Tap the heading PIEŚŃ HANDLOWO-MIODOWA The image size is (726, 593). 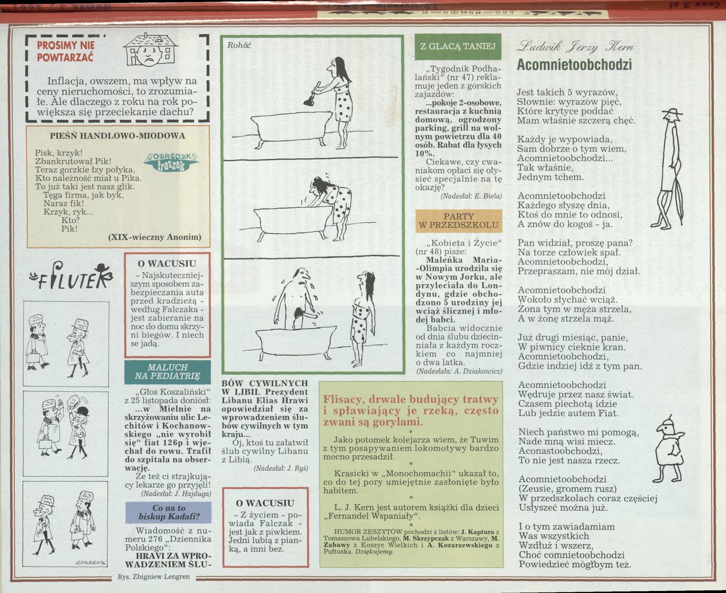[x=118, y=136]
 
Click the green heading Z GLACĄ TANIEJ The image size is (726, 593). [x=457, y=47]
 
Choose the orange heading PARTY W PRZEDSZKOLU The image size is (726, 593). [x=458, y=220]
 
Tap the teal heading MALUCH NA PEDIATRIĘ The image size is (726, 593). [x=167, y=372]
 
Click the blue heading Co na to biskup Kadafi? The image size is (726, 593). [x=169, y=512]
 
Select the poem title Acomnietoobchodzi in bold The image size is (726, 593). [x=574, y=65]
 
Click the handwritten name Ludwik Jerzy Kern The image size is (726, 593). [x=574, y=47]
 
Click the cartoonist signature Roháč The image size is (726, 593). [x=239, y=45]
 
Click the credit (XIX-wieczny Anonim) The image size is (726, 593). [x=154, y=237]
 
